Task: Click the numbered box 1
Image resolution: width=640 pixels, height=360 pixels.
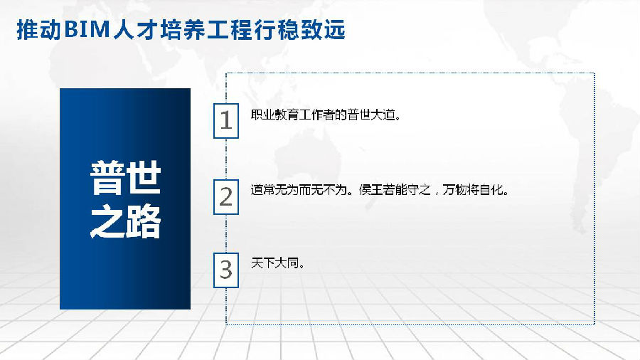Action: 226,121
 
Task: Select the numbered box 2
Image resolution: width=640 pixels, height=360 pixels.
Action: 226,197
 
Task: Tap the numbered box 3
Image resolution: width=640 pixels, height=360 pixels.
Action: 226,270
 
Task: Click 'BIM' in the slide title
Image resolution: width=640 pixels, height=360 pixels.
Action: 87,30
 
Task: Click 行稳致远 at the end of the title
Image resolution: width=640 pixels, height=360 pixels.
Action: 300,30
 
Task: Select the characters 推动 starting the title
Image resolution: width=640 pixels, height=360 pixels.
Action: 39,30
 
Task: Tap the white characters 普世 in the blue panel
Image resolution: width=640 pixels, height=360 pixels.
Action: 125,178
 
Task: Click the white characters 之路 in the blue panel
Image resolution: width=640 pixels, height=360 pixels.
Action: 125,222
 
